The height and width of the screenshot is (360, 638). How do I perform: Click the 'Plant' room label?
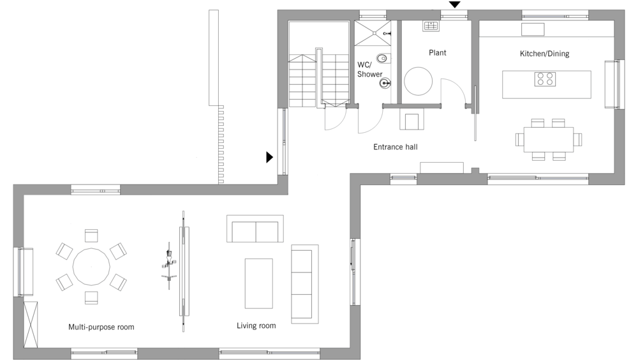pyautogui.click(x=438, y=52)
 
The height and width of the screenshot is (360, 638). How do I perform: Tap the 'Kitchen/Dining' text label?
pyautogui.click(x=544, y=54)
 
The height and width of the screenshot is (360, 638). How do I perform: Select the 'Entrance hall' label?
pyautogui.click(x=396, y=147)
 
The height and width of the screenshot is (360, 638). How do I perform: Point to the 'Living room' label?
pyautogui.click(x=256, y=326)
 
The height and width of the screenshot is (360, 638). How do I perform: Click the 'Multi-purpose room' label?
pyautogui.click(x=101, y=327)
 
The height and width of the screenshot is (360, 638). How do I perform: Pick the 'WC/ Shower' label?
pyautogui.click(x=369, y=70)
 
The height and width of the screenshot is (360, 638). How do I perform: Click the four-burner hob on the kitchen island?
pyautogui.click(x=545, y=79)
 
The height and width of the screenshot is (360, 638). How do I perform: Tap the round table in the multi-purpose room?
pyautogui.click(x=91, y=267)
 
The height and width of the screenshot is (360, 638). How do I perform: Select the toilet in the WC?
pyautogui.click(x=383, y=59)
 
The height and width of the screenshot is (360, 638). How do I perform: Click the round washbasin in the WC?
pyautogui.click(x=385, y=84)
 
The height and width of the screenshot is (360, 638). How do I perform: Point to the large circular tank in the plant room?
pyautogui.click(x=419, y=80)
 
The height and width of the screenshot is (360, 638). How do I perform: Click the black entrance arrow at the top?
pyautogui.click(x=454, y=4)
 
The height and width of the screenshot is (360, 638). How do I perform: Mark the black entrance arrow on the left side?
pyautogui.click(x=269, y=157)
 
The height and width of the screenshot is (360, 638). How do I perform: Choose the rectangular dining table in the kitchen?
pyautogui.click(x=549, y=139)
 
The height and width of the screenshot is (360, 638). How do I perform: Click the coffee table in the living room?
pyautogui.click(x=259, y=283)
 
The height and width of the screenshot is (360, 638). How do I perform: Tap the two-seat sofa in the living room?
pyautogui.click(x=255, y=229)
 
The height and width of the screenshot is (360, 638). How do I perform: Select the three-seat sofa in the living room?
pyautogui.click(x=305, y=284)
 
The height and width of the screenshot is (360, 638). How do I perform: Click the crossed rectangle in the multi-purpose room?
pyautogui.click(x=31, y=324)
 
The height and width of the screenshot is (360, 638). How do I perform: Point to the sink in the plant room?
pyautogui.click(x=431, y=26)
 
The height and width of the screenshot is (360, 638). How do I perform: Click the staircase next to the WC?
pyautogui.click(x=318, y=77)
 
